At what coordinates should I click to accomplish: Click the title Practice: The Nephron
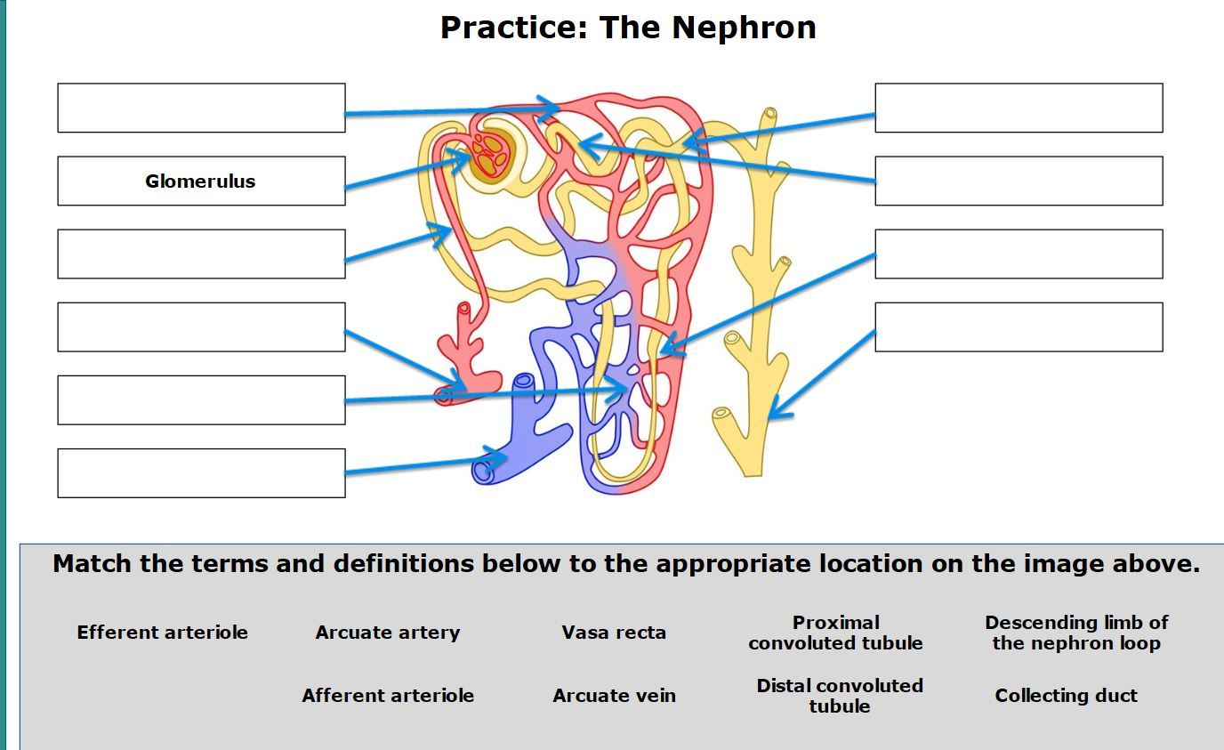pos(628,28)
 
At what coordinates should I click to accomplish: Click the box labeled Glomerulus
pos(201,181)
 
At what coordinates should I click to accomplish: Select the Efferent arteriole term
pos(162,633)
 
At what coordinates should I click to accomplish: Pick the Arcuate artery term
pos(387,633)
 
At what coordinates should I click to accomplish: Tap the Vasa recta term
pos(614,633)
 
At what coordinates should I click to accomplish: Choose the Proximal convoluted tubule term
pos(835,633)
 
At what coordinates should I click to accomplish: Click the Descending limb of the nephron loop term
pos(1076,633)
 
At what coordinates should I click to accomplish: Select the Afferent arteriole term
pos(387,696)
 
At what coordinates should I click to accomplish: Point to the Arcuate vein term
pos(614,696)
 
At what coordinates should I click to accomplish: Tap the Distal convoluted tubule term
pos(839,696)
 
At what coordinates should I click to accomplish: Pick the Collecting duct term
pos(1066,696)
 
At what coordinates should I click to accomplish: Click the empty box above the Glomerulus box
pos(201,108)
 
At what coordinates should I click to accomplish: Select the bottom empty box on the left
pos(201,473)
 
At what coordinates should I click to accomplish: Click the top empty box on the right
pos(1019,108)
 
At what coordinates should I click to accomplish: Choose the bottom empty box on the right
pos(1019,327)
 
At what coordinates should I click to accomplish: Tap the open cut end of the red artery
pos(445,394)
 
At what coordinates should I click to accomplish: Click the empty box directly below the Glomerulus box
pos(201,254)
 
